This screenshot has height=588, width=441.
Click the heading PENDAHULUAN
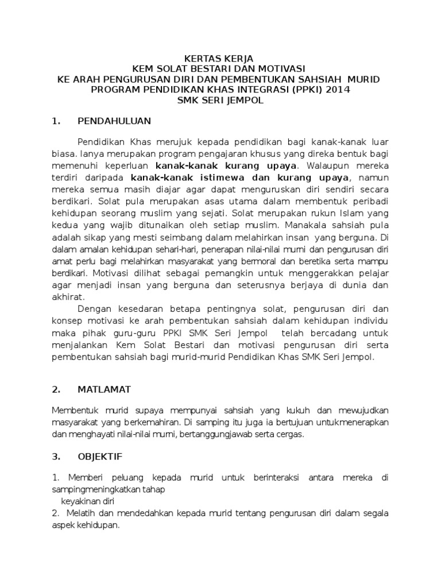pos(114,121)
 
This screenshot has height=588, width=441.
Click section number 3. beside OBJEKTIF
pos(56,457)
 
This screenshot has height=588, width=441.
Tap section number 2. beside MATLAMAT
pos(56,389)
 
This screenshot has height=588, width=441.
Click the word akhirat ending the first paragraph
pos(67,297)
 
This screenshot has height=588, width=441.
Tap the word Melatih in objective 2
pos(83,512)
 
